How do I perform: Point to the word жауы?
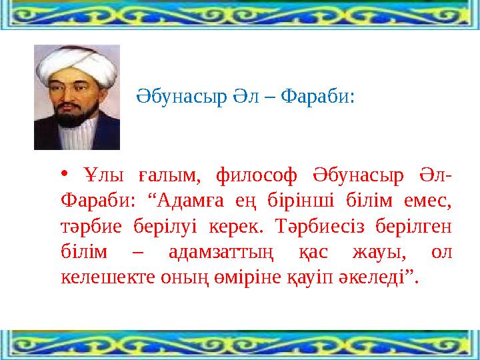pyautogui.click(x=380, y=250)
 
